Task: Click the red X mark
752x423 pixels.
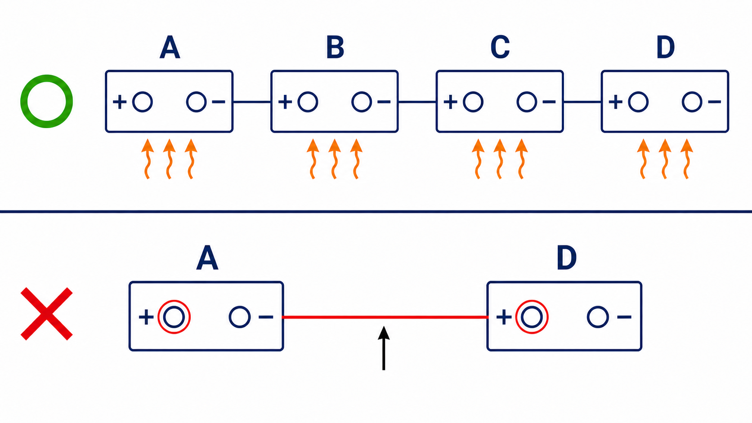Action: [47, 314]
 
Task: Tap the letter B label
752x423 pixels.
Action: [335, 47]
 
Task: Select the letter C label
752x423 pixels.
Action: [500, 47]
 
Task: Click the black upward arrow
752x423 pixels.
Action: [384, 348]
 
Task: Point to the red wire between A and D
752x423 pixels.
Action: [385, 317]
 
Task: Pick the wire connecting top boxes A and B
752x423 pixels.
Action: [252, 102]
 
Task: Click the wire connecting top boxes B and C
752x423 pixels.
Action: [417, 102]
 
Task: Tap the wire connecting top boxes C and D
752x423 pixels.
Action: [582, 102]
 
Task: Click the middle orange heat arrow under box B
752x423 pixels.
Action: [334, 159]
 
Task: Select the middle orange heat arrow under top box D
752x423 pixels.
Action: [665, 159]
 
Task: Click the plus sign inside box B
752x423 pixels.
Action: [285, 102]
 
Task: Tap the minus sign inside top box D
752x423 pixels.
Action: [714, 102]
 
